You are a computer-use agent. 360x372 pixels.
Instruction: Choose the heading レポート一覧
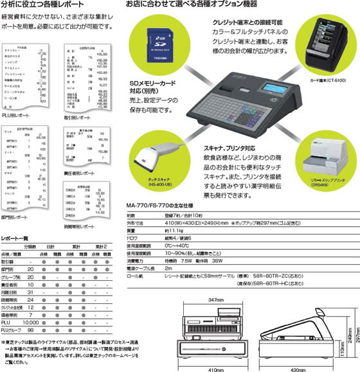pos(15,236)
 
